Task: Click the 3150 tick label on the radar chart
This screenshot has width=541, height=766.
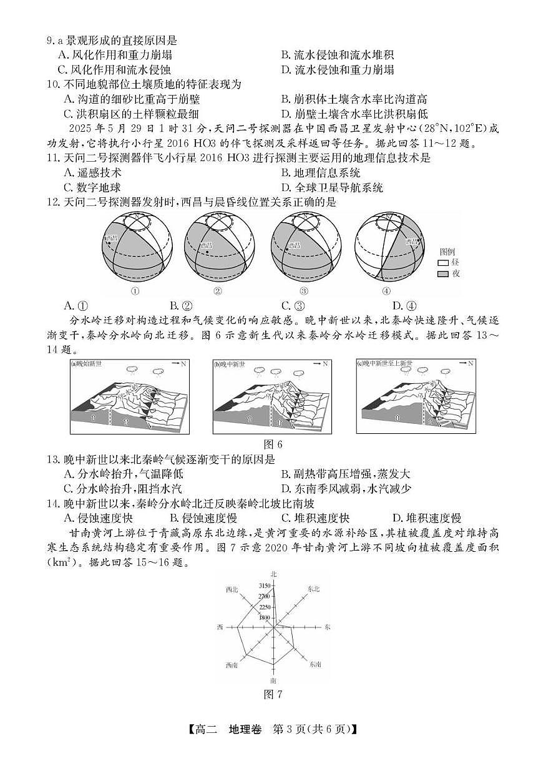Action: pos(263,586)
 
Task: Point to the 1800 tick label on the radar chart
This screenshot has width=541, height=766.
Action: pos(265,617)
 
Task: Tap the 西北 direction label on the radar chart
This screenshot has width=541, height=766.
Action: pos(232,589)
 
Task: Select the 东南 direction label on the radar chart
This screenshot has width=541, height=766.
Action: pos(315,665)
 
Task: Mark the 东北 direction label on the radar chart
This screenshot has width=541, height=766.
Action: pos(313,589)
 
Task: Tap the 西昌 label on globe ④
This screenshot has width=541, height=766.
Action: pos(412,241)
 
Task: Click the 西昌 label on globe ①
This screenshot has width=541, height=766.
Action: pos(112,238)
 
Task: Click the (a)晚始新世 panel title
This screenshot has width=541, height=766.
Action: pos(87,363)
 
